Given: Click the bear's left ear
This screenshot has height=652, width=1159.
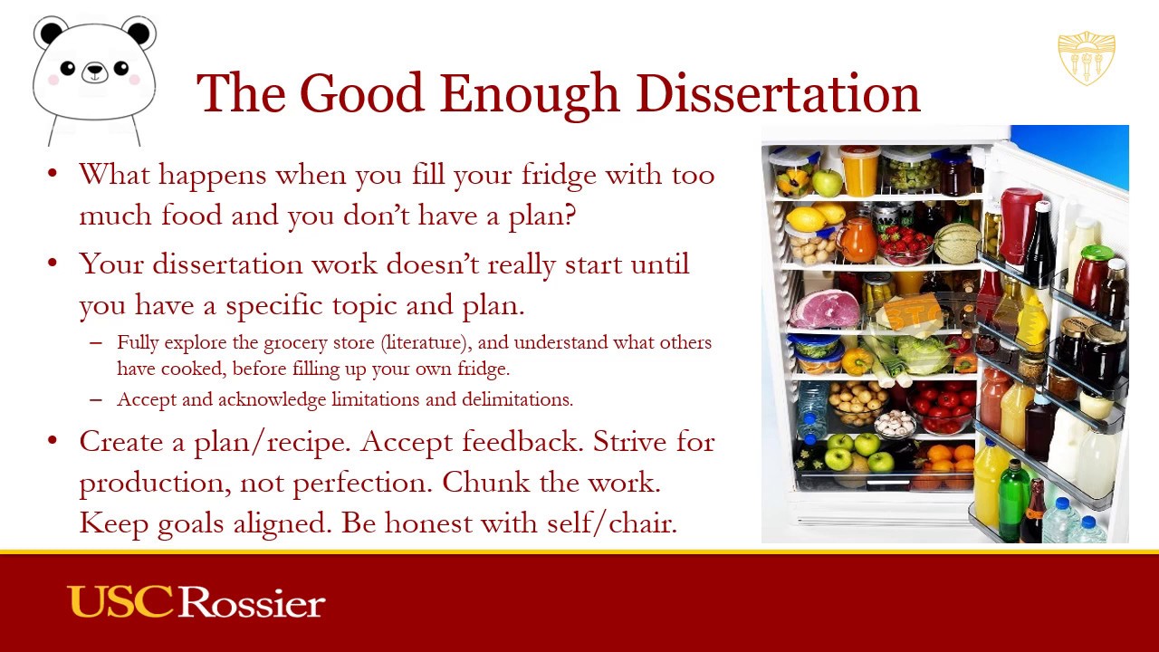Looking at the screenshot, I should click(51, 33).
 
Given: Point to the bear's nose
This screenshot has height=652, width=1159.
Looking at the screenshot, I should click(94, 73).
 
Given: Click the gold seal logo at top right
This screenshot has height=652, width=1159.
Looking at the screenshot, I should click(1087, 58).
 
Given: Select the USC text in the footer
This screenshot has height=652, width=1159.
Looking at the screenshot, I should click(120, 602).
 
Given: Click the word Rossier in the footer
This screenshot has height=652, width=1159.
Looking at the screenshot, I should click(252, 603).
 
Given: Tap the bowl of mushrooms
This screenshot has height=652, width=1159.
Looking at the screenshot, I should click(896, 422).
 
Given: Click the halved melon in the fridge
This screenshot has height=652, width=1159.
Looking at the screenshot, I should click(957, 242).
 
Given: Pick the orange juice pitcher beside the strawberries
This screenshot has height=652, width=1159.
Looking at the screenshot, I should click(857, 239).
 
